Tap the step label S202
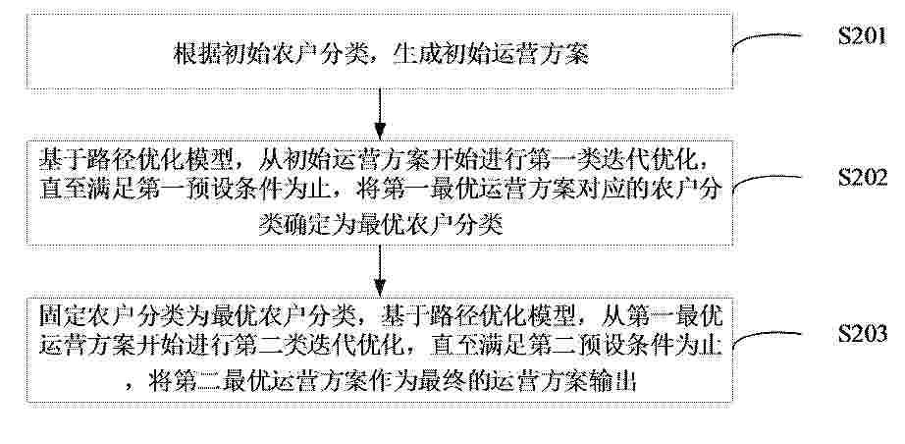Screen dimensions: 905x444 (863, 178)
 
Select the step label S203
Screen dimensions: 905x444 (863, 334)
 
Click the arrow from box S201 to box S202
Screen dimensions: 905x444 (380, 114)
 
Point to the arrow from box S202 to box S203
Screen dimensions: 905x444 (380, 271)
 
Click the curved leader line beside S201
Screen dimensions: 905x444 (766, 39)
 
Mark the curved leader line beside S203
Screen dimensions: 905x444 (766, 337)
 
